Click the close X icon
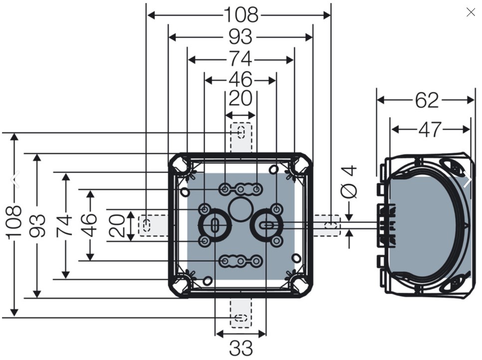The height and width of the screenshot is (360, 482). click(x=471, y=12)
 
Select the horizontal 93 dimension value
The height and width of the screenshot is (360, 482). click(x=241, y=37)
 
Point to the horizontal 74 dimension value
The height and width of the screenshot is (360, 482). click(x=241, y=59)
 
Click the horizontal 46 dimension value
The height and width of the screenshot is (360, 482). click(x=241, y=80)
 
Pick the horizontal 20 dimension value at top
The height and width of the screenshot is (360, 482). click(x=241, y=99)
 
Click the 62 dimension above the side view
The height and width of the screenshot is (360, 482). click(x=427, y=100)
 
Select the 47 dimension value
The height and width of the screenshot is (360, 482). click(x=430, y=130)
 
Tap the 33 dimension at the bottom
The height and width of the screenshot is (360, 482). click(x=241, y=349)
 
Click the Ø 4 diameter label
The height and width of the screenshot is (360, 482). click(x=349, y=182)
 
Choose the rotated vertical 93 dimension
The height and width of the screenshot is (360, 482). click(x=37, y=226)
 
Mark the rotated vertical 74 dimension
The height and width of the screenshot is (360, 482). click(x=64, y=226)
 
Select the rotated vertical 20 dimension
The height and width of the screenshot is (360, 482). click(x=117, y=226)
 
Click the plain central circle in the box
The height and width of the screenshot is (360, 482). click(x=241, y=209)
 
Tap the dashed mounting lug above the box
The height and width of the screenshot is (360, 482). click(x=241, y=137)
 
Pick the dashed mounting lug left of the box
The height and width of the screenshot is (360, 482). click(x=153, y=226)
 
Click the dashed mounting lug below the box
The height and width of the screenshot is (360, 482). click(x=241, y=312)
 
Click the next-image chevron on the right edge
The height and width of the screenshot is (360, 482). click(x=467, y=179)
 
